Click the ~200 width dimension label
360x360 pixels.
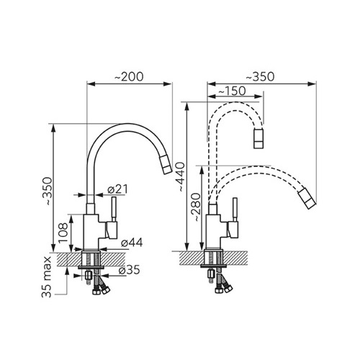(x=129, y=76)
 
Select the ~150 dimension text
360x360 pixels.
(x=232, y=91)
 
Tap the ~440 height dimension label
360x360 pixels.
(x=180, y=177)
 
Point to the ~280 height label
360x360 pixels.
(x=196, y=207)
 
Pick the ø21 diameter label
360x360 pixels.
(x=117, y=189)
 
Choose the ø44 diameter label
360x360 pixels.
(x=132, y=243)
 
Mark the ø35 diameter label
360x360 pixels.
(x=130, y=270)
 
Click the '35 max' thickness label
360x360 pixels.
(x=47, y=277)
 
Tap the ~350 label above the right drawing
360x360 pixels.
(x=260, y=76)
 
